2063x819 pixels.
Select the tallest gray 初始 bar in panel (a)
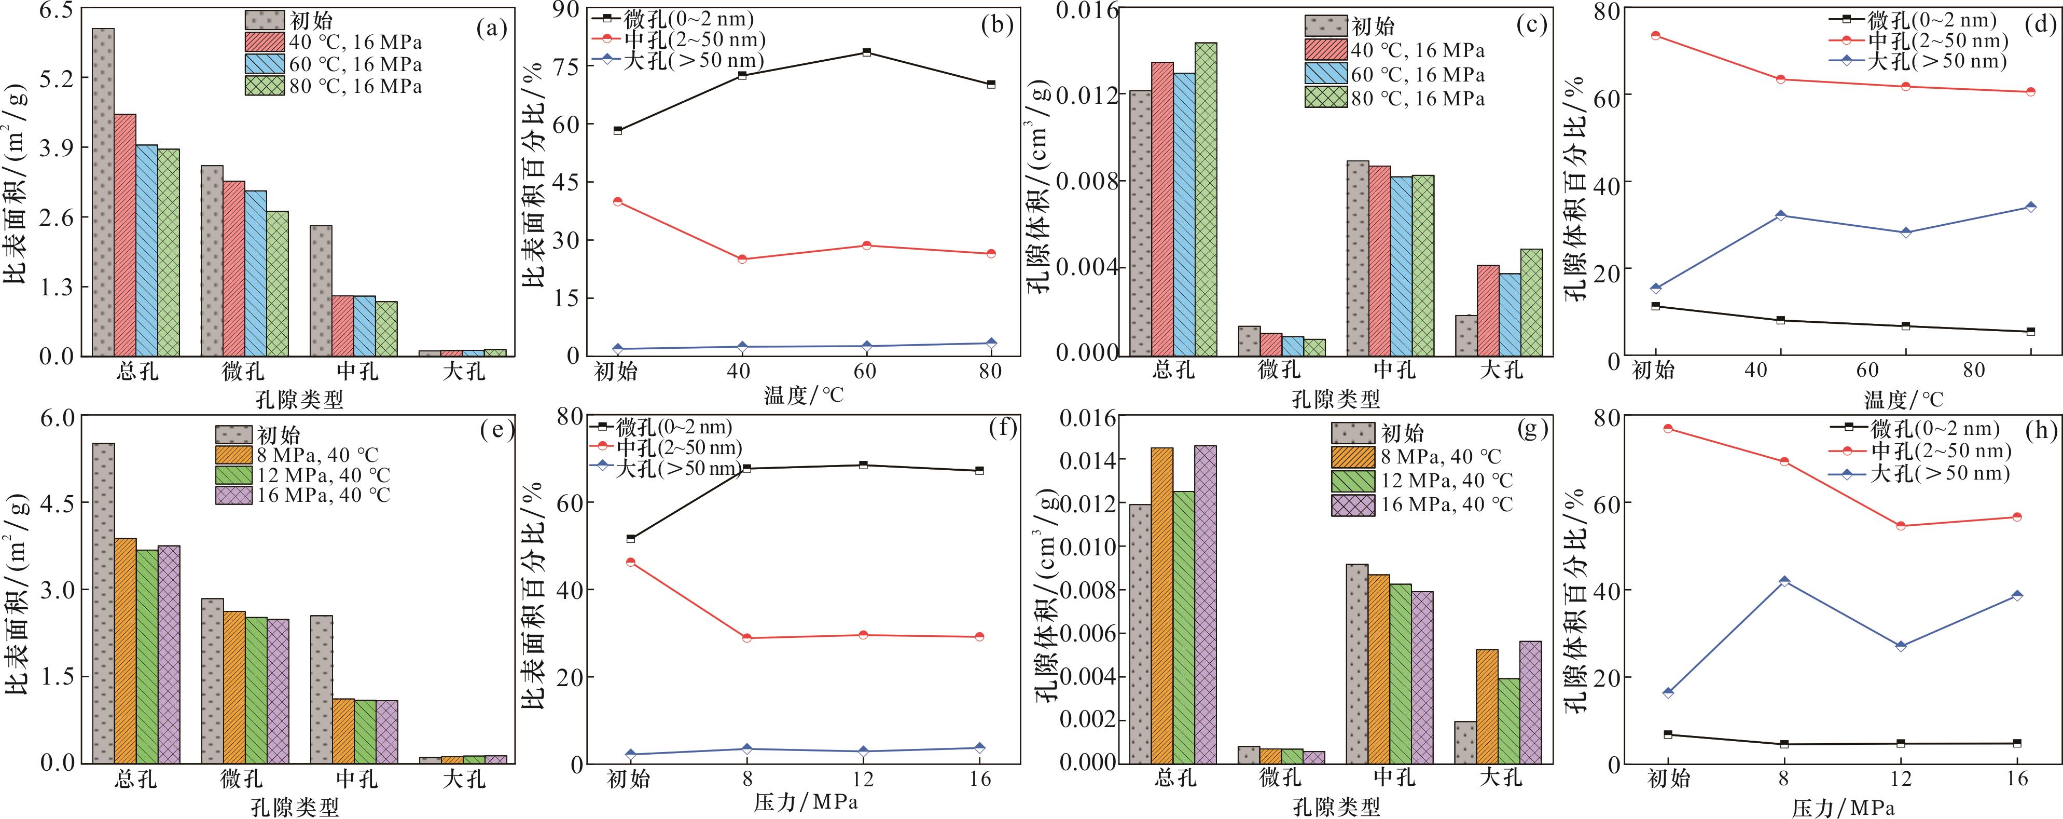(x=103, y=193)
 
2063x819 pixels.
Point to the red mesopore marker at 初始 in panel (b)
(x=617, y=202)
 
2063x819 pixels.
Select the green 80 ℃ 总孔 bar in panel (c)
(x=1206, y=199)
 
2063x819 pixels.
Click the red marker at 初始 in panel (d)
(x=1655, y=35)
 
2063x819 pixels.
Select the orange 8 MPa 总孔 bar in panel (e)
(x=125, y=651)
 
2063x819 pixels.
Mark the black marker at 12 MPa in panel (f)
(x=863, y=465)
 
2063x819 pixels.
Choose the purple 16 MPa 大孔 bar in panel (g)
(x=1530, y=702)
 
